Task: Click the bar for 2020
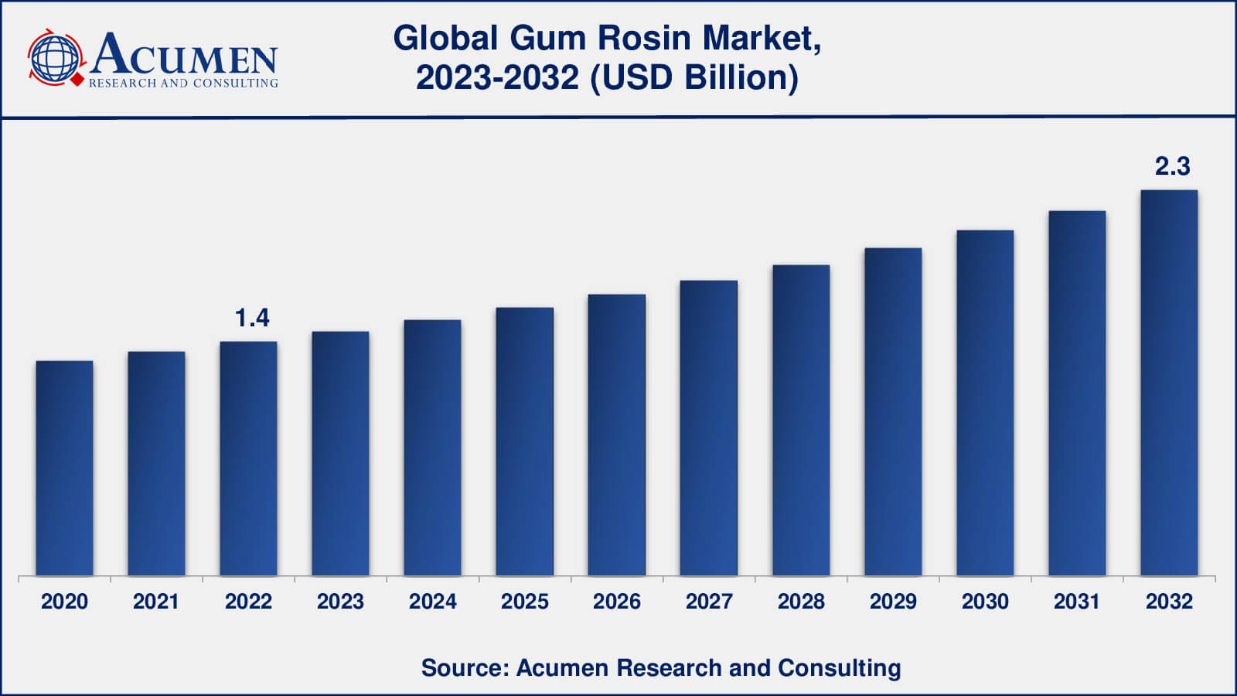coord(64,468)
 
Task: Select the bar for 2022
coord(248,459)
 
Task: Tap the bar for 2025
coord(524,442)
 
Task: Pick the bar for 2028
coord(801,420)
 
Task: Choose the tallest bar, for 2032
coord(1169,383)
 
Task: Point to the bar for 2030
coord(985,403)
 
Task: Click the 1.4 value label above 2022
coord(252,318)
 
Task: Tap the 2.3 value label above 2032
coord(1172,166)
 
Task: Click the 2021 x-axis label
coord(156,602)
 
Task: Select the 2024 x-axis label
coord(432,602)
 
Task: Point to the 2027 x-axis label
coord(709,602)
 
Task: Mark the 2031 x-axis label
coord(1077,602)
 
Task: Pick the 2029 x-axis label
coord(893,602)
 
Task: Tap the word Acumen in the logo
coord(184,54)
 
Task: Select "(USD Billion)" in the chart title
coord(694,78)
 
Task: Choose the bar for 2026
coord(616,435)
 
